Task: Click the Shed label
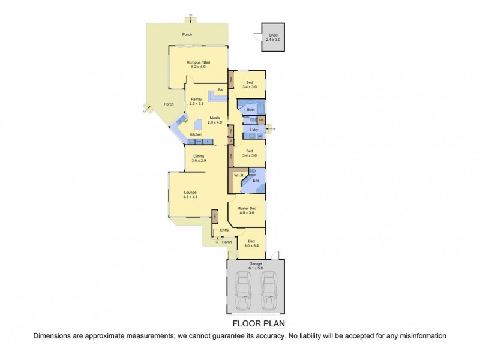point(273,35)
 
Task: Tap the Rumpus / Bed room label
point(198,63)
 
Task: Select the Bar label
point(221,89)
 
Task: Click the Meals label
point(215,118)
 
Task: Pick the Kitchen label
point(196,134)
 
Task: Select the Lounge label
point(190,192)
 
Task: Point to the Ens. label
point(256,179)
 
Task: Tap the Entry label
point(224,230)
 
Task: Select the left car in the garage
point(244,290)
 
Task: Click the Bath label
point(250,110)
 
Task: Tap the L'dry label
point(253,130)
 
